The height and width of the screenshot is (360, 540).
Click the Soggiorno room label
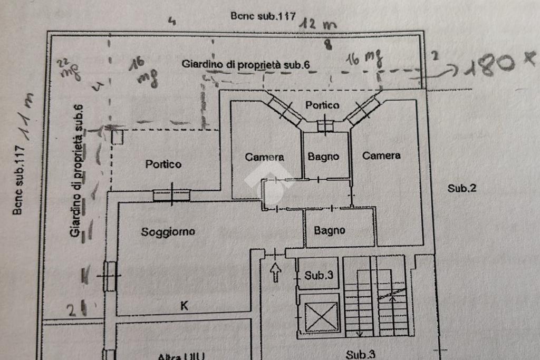[x=168, y=231]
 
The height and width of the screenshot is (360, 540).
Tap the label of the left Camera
[x=265, y=157]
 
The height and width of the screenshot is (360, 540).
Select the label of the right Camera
[x=381, y=155]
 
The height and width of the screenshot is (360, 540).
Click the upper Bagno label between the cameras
[x=323, y=157]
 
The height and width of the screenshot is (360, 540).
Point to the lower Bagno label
[x=330, y=230]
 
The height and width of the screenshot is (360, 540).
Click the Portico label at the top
[x=322, y=105]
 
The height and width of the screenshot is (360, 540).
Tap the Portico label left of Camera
[x=163, y=164]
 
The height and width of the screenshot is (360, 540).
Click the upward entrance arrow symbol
[x=276, y=272]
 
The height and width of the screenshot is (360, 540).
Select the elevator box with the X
[x=320, y=316]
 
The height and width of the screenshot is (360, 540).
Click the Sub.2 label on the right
[x=462, y=188]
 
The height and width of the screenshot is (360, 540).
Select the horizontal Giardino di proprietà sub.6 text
[x=245, y=64]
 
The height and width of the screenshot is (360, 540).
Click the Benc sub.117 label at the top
[x=263, y=16]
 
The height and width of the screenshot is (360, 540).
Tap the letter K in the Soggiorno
[x=185, y=305]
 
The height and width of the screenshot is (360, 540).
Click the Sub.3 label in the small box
[x=319, y=275]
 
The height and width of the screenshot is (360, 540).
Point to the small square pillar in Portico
[x=118, y=137]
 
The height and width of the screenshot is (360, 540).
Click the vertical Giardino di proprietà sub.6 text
[x=77, y=171]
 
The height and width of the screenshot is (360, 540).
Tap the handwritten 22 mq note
[x=69, y=69]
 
